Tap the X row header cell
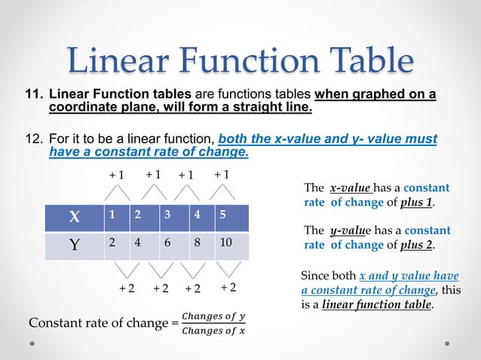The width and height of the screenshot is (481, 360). click(x=74, y=217)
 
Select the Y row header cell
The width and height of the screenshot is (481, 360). click(x=74, y=245)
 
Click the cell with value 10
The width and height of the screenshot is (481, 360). click(x=230, y=245)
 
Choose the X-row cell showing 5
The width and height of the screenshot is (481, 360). click(x=230, y=217)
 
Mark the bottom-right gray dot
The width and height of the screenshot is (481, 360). click(x=447, y=343)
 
